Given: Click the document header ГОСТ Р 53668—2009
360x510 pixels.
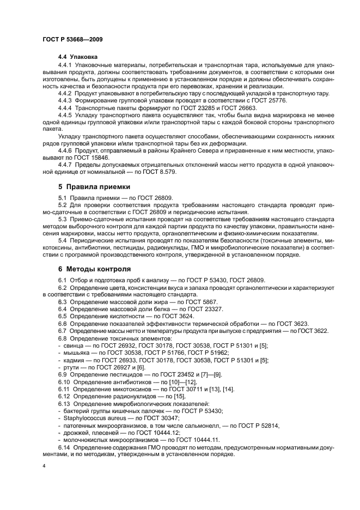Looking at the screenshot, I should click(72, 40).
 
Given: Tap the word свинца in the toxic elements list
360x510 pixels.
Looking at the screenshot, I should click(72, 345).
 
